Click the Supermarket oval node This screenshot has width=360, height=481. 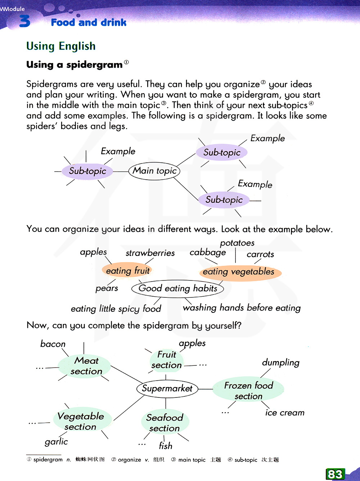[x=167, y=388]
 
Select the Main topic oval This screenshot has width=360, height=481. [x=154, y=171]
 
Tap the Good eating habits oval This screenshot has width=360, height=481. [x=178, y=288]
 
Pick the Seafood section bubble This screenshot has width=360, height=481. [x=165, y=423]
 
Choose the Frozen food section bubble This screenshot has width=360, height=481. [x=248, y=391]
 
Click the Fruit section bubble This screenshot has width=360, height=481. [x=167, y=360]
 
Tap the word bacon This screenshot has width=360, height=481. [x=53, y=344]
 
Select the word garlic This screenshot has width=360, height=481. [x=56, y=442]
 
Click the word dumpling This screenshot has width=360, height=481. [x=281, y=363]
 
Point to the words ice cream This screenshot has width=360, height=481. [x=285, y=413]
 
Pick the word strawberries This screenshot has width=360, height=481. [x=150, y=253]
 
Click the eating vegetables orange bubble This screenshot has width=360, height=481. [x=239, y=272]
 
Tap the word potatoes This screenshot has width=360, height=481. [x=237, y=243]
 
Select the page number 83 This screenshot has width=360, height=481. [x=335, y=474]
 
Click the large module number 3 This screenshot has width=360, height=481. [x=24, y=21]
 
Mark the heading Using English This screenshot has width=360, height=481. [x=61, y=46]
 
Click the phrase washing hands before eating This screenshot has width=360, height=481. [x=242, y=308]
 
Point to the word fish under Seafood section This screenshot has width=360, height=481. [x=166, y=446]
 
